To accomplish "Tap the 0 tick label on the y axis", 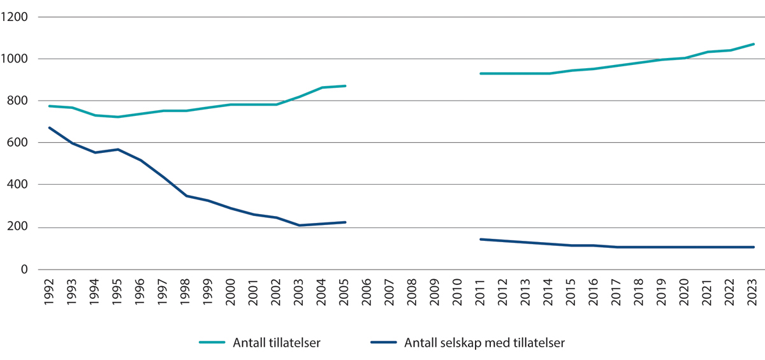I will [24, 270].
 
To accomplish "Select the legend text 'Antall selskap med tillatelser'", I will [484, 343].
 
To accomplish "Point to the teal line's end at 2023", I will [754, 44].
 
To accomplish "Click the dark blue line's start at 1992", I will [50, 128].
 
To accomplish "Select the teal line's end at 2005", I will [345, 86].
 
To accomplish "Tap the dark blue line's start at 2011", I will [481, 240].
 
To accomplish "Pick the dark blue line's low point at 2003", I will [300, 226].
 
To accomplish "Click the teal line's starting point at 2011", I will [481, 74].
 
